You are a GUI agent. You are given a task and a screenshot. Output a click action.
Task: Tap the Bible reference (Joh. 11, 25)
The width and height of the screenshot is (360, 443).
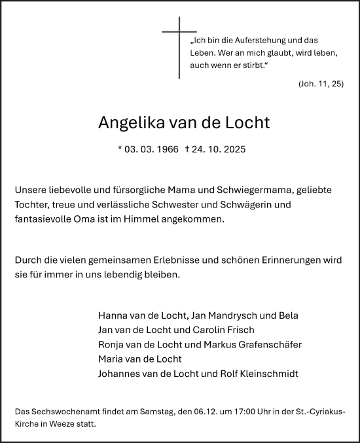tap(320, 84)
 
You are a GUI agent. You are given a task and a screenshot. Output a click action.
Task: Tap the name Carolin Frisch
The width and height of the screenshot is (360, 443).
tap(222, 330)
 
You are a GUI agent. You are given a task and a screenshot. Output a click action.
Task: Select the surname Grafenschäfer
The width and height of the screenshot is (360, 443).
tap(268, 345)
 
